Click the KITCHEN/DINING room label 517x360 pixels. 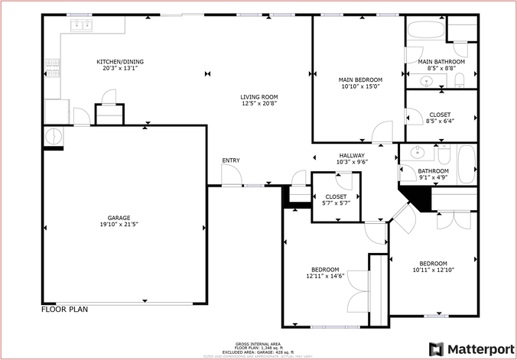coord(119,62)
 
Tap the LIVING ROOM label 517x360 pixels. coord(259,97)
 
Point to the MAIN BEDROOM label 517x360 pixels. coord(360,79)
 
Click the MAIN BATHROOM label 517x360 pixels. coord(441,61)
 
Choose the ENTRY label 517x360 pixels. coord(231,160)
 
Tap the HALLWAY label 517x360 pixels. coord(353,155)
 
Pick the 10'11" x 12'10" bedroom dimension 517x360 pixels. coord(434,270)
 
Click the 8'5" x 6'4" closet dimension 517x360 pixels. coord(440,121)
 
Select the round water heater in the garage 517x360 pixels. coord(54,136)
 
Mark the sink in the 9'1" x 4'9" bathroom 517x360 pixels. coord(419,152)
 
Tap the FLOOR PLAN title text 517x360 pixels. coord(64,310)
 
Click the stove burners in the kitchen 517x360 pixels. coord(52,69)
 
